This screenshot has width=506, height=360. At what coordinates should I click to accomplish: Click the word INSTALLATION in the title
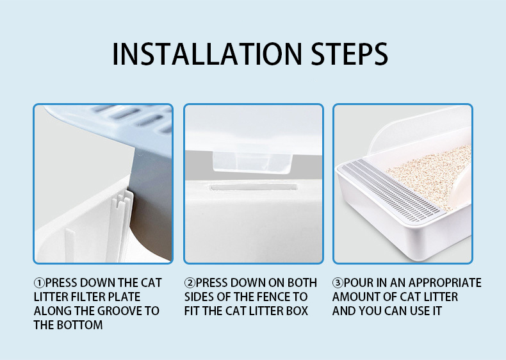207,54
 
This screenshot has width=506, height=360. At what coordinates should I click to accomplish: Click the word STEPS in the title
349,54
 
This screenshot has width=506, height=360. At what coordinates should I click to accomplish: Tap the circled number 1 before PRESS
39,283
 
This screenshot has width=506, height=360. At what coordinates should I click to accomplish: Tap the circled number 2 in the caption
190,283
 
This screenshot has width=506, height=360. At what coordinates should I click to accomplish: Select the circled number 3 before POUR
338,283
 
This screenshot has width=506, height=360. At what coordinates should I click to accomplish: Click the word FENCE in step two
273,297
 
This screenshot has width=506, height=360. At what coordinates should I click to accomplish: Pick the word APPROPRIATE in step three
445,283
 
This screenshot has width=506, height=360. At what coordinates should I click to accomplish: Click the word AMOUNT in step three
354,297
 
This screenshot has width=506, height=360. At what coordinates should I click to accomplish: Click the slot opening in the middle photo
254,187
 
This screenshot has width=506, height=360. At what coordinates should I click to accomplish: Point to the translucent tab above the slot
252,163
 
